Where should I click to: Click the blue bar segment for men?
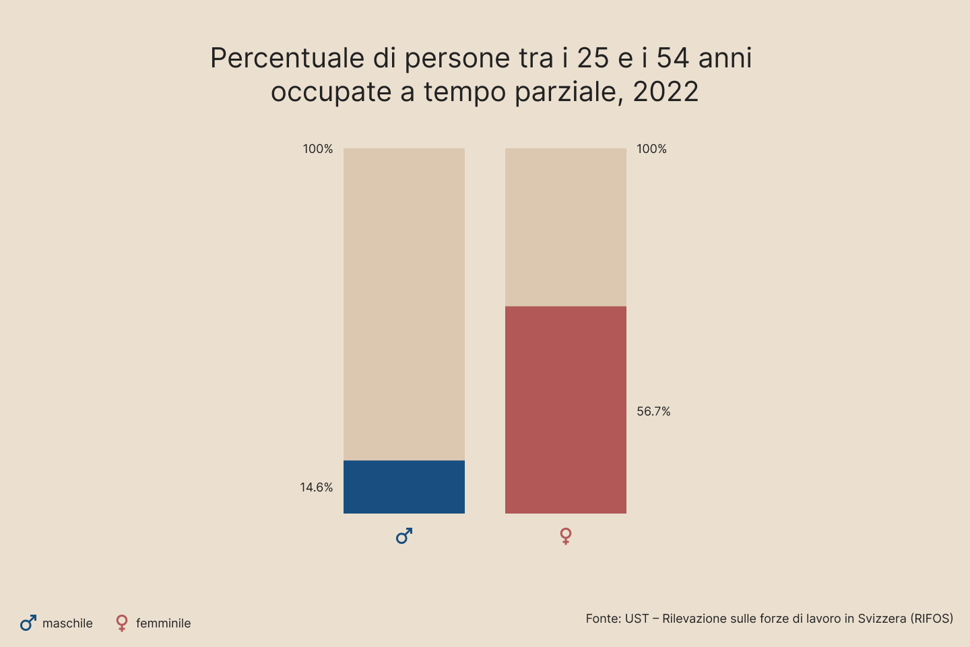tap(404, 487)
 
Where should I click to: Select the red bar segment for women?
tap(566, 410)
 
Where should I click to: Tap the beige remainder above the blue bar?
tap(404, 304)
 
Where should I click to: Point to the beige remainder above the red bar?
tap(566, 227)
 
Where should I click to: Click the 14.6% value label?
tap(316, 487)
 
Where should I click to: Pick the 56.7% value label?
tap(653, 412)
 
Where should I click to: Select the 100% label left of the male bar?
tap(317, 149)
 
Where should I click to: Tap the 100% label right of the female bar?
tap(651, 149)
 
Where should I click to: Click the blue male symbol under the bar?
tap(404, 536)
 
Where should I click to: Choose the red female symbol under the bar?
tap(566, 536)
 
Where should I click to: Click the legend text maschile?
tap(67, 623)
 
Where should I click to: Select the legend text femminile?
tap(163, 623)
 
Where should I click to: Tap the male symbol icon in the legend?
tap(28, 623)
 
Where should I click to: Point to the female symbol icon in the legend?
tap(122, 623)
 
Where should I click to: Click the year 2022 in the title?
tap(666, 92)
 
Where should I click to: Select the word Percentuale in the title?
tap(287, 59)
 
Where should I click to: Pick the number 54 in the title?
tap(674, 59)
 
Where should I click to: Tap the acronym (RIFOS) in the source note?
tap(932, 619)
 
